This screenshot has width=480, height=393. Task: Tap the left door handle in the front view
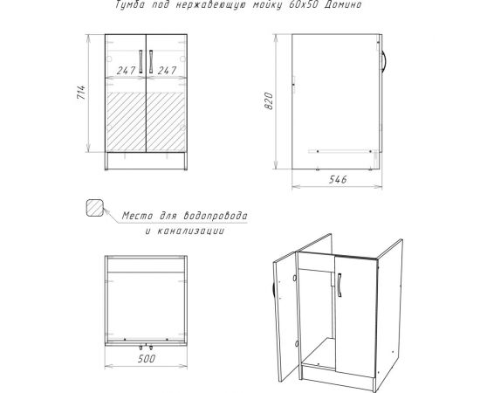[137, 62]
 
